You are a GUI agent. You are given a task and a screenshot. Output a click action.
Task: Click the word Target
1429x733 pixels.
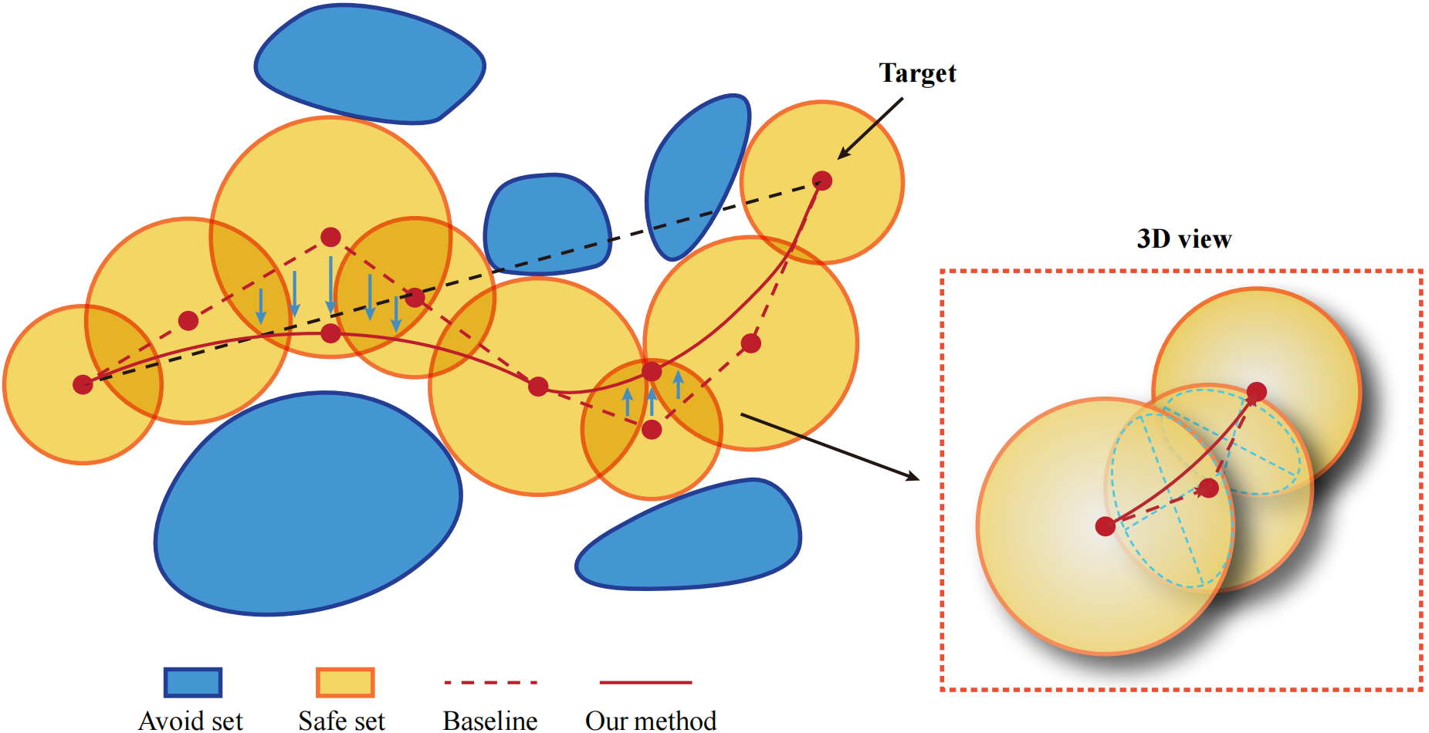pos(917,73)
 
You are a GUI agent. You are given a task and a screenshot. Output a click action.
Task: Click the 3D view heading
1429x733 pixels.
pos(1183,239)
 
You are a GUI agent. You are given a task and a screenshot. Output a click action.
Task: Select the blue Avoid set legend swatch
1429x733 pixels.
pos(193,682)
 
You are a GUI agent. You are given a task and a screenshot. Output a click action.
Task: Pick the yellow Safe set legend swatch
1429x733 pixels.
pos(345,682)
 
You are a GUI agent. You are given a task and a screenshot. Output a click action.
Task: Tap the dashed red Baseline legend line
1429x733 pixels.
pos(491,682)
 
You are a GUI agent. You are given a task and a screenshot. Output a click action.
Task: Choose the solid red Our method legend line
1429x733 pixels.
pos(645,682)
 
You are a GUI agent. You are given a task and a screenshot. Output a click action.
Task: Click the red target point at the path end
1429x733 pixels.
pos(822,181)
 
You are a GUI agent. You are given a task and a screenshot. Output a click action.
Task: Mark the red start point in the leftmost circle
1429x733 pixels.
pos(83,384)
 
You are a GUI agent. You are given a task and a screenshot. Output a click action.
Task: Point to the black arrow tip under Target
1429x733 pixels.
pos(840,157)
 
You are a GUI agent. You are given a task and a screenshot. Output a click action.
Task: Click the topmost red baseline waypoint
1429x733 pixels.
pos(330,237)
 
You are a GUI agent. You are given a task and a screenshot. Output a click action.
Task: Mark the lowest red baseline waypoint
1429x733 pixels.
pos(652,429)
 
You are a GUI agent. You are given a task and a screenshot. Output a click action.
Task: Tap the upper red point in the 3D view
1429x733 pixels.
pos(1256,392)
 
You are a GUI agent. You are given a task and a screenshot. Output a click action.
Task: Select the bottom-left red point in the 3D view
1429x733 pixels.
pos(1106,526)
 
